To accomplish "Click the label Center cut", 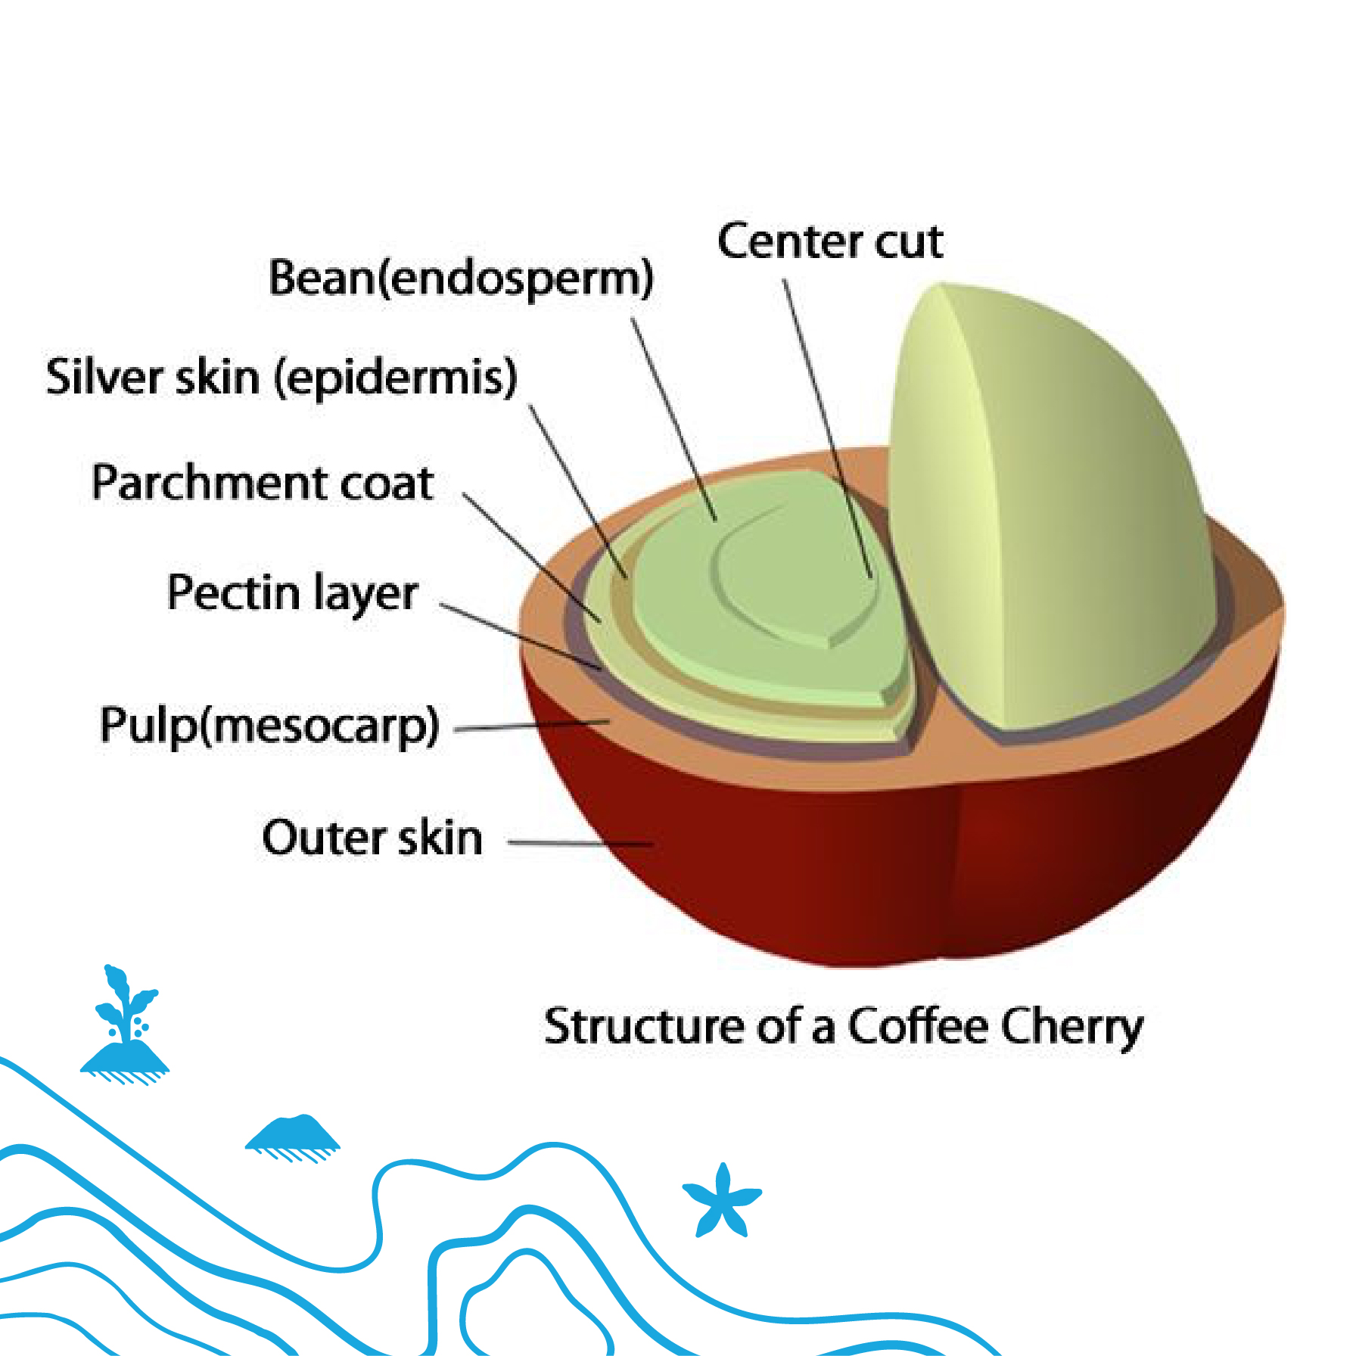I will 830,242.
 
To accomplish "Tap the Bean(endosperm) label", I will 461,278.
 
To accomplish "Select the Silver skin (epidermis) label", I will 281,377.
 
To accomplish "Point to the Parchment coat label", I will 263,483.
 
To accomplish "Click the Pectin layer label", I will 292,592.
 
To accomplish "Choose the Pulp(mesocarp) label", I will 269,725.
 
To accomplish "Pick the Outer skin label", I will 372,838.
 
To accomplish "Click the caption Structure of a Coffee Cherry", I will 843,1026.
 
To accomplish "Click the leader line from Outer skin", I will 579,842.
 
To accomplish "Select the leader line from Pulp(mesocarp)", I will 530,726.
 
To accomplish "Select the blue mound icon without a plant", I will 294,1133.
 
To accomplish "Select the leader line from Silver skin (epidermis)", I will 578,492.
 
